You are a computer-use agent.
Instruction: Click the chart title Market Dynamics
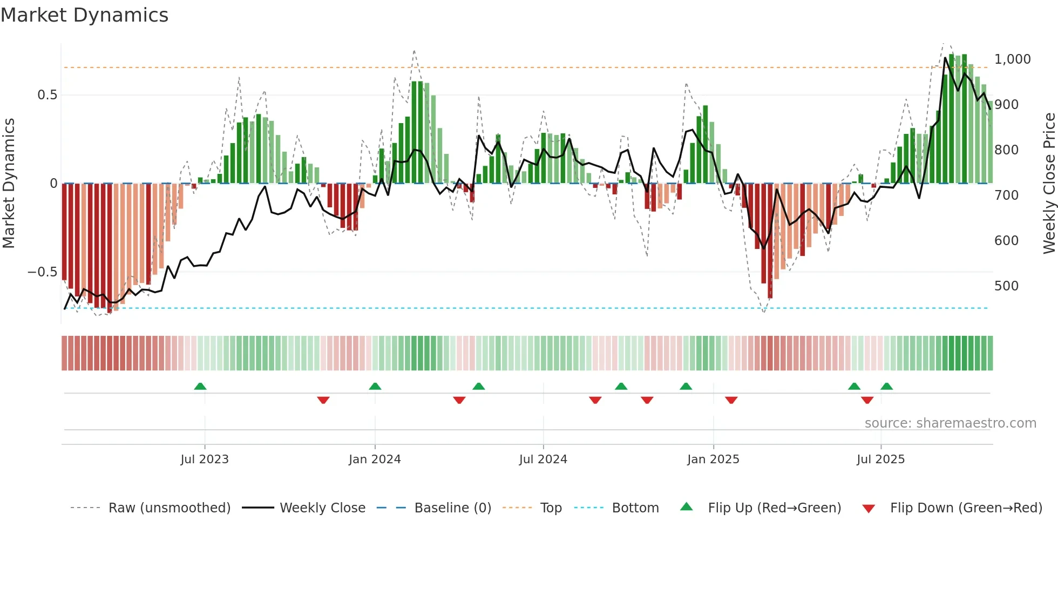click(85, 15)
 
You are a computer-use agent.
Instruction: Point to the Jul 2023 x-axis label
click(205, 459)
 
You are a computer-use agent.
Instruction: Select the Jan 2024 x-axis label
click(375, 459)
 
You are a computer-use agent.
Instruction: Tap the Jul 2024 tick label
click(543, 459)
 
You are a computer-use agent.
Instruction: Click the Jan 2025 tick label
click(713, 459)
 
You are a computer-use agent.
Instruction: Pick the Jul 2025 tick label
click(880, 459)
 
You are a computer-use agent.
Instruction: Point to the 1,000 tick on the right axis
click(1013, 59)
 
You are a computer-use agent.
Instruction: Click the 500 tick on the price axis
click(1007, 286)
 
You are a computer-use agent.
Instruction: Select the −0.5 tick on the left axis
click(42, 272)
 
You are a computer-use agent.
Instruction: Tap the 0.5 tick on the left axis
click(47, 95)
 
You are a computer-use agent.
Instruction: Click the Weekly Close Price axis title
click(1049, 184)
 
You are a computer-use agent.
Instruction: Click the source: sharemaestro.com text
click(950, 423)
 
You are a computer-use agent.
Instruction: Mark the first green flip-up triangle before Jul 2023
click(200, 386)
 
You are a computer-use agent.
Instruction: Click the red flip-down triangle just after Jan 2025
click(731, 400)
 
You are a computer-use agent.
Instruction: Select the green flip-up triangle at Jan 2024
click(375, 386)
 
